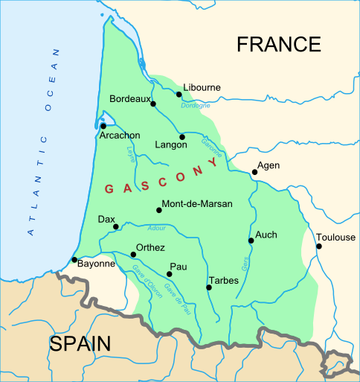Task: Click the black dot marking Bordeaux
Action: pyautogui.click(x=153, y=104)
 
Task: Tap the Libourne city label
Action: pyautogui.click(x=202, y=87)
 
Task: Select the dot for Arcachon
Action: pyautogui.click(x=103, y=127)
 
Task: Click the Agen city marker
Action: pyautogui.click(x=254, y=172)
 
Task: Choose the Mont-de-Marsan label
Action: pyautogui.click(x=197, y=203)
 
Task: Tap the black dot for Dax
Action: pyautogui.click(x=115, y=226)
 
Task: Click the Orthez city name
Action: pyautogui.click(x=151, y=248)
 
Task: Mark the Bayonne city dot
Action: pyautogui.click(x=74, y=260)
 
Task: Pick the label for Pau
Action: pyautogui.click(x=179, y=266)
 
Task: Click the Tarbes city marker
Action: pyautogui.click(x=208, y=287)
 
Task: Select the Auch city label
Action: pyautogui.click(x=266, y=235)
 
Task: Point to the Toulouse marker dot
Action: pyautogui.click(x=318, y=246)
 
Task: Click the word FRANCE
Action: pyautogui.click(x=278, y=45)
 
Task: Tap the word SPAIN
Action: pyautogui.click(x=80, y=343)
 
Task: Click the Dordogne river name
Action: pyautogui.click(x=196, y=105)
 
